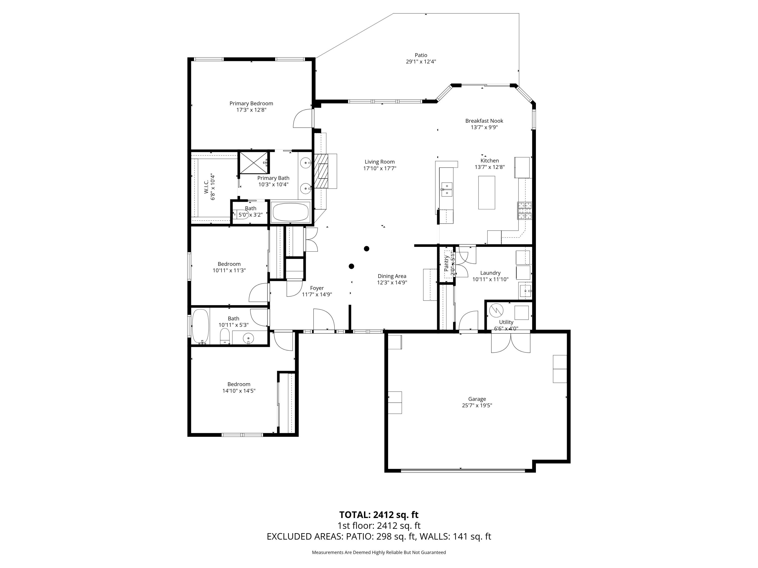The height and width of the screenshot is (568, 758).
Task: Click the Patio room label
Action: (x=421, y=55)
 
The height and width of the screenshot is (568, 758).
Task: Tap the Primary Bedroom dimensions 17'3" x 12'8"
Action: (x=251, y=110)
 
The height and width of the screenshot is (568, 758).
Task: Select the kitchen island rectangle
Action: (x=487, y=192)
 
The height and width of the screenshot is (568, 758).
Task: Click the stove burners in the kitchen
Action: (x=524, y=211)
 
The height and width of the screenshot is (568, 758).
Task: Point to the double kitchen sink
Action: (x=446, y=189)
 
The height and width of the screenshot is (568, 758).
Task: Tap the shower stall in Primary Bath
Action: (x=254, y=163)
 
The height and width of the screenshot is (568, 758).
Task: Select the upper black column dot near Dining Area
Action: (x=366, y=249)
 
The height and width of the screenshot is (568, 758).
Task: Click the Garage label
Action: (x=477, y=399)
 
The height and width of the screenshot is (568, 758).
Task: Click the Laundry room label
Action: (x=490, y=273)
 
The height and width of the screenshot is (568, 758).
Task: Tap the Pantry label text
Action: (x=446, y=264)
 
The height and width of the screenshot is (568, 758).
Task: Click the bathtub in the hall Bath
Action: (x=200, y=326)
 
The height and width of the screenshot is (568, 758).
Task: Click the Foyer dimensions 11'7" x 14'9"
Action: (x=317, y=294)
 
